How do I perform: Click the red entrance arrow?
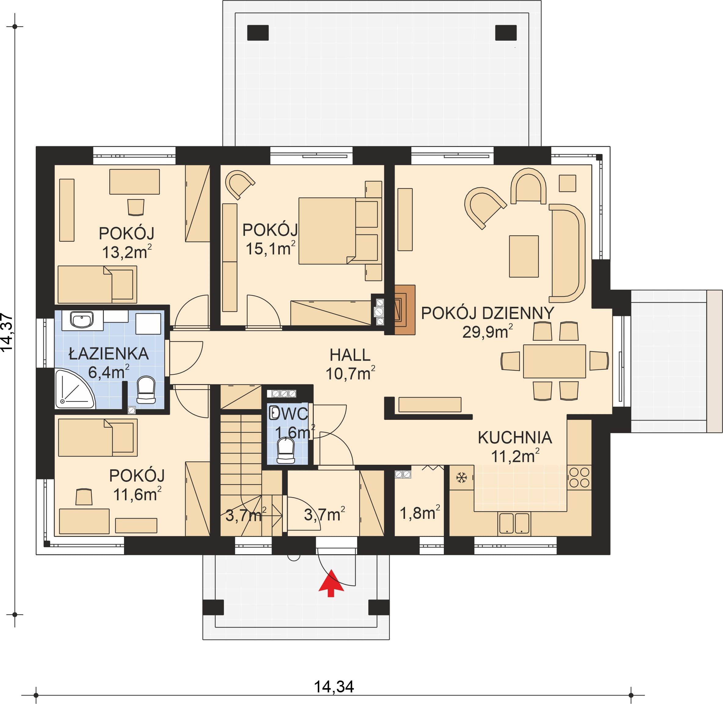coord(331,583)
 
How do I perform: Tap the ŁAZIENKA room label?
coord(109,354)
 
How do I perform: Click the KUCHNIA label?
coord(515,438)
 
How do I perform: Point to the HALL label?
coord(350,355)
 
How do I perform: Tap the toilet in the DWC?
coord(286,450)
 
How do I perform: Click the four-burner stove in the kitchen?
coord(579,477)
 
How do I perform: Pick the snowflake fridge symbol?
coord(461,477)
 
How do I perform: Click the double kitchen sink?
coord(514,523)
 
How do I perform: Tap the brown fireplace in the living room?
coord(405,310)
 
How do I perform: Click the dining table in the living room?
coord(554,361)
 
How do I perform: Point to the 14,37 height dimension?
coord(7,333)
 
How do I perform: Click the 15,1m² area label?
coord(271,248)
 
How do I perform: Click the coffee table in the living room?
coord(524,256)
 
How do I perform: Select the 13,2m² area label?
coord(127,252)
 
